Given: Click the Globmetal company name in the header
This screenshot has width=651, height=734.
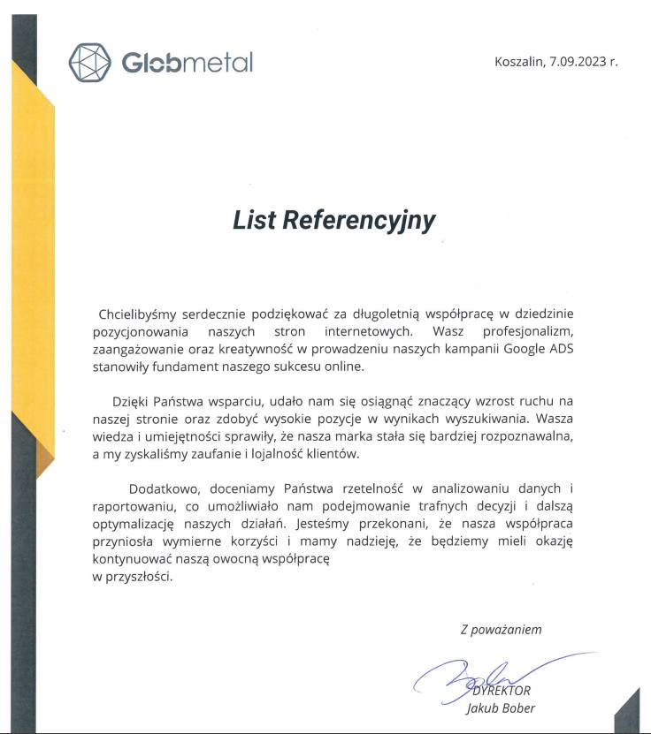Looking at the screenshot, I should click(x=187, y=63).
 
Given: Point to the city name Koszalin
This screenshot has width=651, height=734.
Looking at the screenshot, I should click(x=519, y=62).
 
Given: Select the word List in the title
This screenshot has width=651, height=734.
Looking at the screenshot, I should click(x=255, y=220).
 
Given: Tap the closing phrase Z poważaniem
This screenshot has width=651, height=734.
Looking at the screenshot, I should click(x=501, y=630).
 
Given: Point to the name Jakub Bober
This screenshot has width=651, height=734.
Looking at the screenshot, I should click(x=501, y=708).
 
